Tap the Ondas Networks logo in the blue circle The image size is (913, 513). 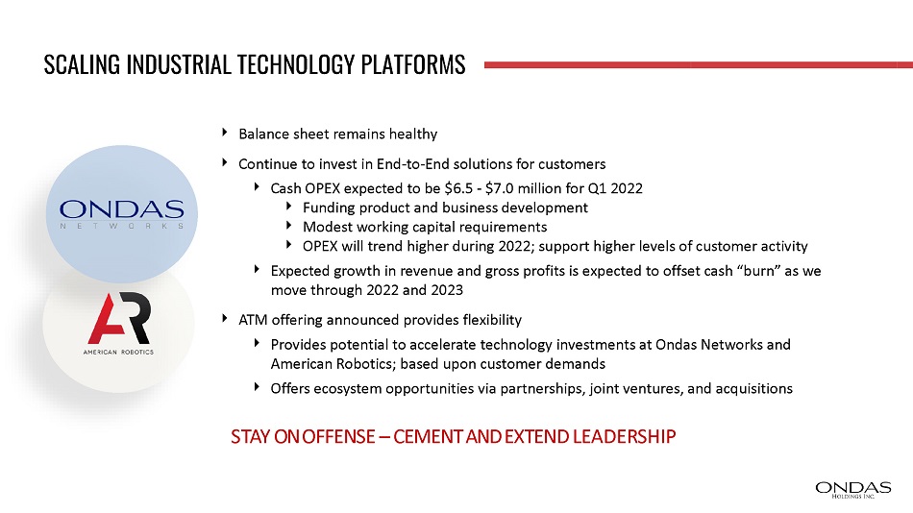point(122,213)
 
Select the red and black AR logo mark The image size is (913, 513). point(119,318)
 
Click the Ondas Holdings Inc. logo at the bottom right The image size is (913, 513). point(853,490)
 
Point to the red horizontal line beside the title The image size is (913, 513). point(699,64)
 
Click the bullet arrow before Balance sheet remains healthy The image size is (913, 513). point(225,133)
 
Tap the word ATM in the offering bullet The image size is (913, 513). point(253,320)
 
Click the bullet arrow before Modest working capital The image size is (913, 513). point(289,226)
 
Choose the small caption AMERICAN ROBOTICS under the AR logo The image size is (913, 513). point(119,353)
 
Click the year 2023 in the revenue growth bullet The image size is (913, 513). point(447,290)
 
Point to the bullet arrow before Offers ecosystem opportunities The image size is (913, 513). point(257,386)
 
